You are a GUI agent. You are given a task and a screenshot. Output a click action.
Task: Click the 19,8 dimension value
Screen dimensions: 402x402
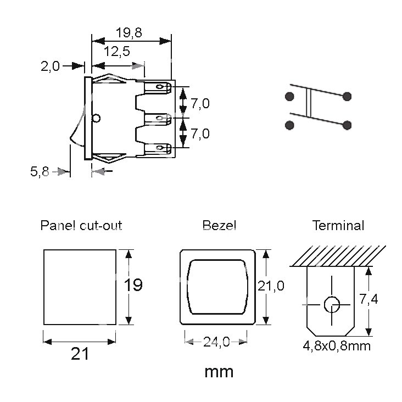click(x=129, y=32)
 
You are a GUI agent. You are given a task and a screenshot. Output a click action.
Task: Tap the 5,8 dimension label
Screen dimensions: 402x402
click(x=40, y=172)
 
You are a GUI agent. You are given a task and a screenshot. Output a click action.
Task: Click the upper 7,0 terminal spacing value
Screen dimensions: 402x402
click(x=200, y=103)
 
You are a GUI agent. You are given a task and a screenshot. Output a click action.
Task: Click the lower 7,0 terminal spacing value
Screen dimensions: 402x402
click(x=200, y=133)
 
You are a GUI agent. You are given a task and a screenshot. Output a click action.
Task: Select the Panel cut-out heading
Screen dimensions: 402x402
click(x=81, y=225)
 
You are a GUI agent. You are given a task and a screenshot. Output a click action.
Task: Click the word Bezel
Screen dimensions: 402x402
click(x=219, y=225)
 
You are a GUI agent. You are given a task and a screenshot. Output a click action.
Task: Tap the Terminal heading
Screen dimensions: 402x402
click(x=338, y=225)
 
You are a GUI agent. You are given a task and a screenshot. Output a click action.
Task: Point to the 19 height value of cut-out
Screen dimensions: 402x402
click(x=133, y=285)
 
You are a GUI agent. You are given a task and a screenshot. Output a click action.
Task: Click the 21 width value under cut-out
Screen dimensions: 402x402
click(x=80, y=354)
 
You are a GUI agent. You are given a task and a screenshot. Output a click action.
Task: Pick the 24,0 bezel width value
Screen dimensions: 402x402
click(x=216, y=342)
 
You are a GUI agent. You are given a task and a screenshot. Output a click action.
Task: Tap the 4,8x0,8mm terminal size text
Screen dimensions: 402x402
click(x=337, y=346)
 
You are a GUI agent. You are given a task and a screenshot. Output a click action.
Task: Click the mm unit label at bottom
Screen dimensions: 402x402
click(x=219, y=372)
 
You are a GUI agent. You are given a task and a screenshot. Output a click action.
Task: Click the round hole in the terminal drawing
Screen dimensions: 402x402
click(x=331, y=303)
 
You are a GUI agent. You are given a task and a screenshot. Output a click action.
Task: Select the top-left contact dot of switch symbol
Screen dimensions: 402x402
click(x=289, y=97)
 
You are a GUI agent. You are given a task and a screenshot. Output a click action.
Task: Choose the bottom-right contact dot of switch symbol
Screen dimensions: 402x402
click(x=347, y=125)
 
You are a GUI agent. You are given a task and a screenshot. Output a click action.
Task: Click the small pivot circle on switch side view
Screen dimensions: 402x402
click(x=97, y=118)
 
